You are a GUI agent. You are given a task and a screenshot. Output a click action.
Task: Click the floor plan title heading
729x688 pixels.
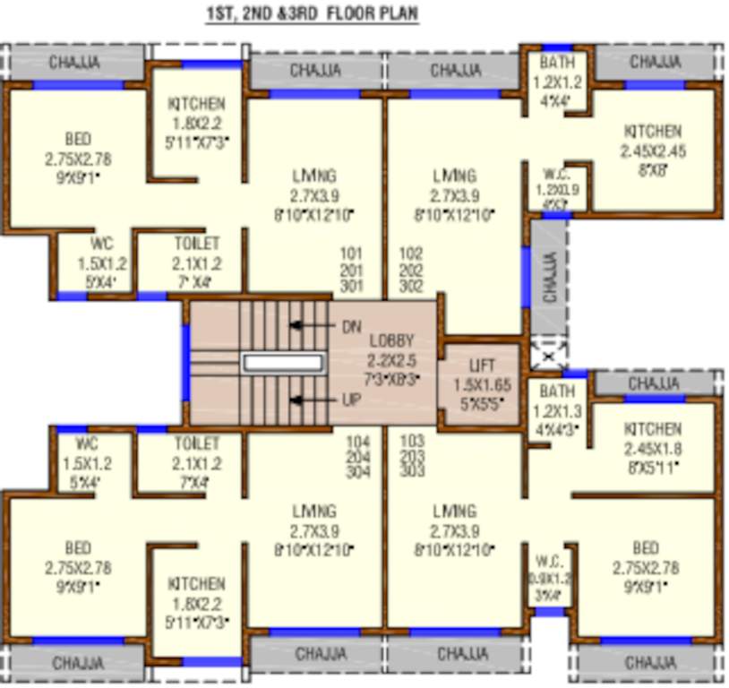pos(311,15)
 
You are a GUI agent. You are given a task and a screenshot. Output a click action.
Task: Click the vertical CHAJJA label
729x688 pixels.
pos(549,277)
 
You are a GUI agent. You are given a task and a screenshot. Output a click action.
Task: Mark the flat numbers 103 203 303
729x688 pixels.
pos(413,456)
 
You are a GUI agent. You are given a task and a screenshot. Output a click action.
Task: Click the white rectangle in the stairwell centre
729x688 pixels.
pos(283,363)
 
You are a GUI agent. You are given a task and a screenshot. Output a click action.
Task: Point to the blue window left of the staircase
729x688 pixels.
pos(185,363)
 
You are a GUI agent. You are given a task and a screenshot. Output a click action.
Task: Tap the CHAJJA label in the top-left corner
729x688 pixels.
pos(74,63)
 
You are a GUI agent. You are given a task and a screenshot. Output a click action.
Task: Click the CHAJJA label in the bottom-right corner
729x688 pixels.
pos(651,663)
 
